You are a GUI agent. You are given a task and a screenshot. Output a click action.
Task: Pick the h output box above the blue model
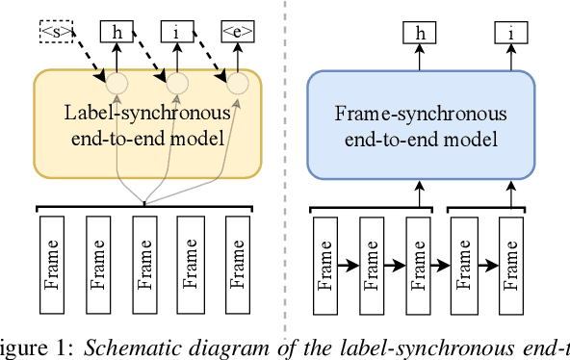(420, 34)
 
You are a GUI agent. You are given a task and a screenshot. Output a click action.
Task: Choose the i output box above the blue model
(510, 34)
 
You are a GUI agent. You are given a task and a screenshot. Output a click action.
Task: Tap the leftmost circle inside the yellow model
(116, 85)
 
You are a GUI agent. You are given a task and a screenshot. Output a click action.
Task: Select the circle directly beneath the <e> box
(237, 85)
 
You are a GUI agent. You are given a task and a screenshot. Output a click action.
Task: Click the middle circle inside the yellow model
(176, 85)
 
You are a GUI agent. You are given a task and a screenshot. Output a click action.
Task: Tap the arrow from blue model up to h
(420, 58)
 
